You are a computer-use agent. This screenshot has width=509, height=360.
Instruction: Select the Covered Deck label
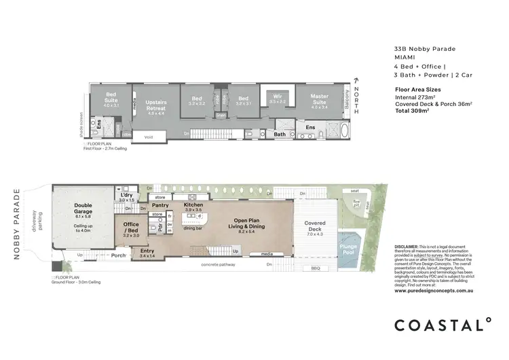[316, 226]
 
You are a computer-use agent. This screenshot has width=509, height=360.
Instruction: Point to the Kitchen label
[193, 204]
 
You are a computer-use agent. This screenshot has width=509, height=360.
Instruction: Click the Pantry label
[160, 204]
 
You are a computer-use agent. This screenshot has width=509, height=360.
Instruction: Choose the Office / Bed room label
[130, 228]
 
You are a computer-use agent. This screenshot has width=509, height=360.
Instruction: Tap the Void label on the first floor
[149, 137]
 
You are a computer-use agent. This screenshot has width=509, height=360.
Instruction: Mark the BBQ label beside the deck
[315, 268]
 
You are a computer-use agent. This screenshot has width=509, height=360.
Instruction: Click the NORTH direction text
[354, 96]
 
